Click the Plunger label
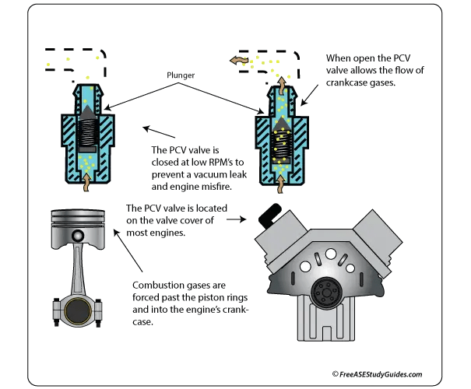181,75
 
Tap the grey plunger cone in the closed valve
87,112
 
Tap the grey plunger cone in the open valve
281,124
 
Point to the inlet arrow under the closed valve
86,182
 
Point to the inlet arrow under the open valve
280,184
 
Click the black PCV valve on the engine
269,213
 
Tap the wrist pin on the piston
78,235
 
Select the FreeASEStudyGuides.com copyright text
378,374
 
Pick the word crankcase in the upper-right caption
346,82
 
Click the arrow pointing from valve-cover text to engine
236,219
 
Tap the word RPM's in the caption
219,162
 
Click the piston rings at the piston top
78,219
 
